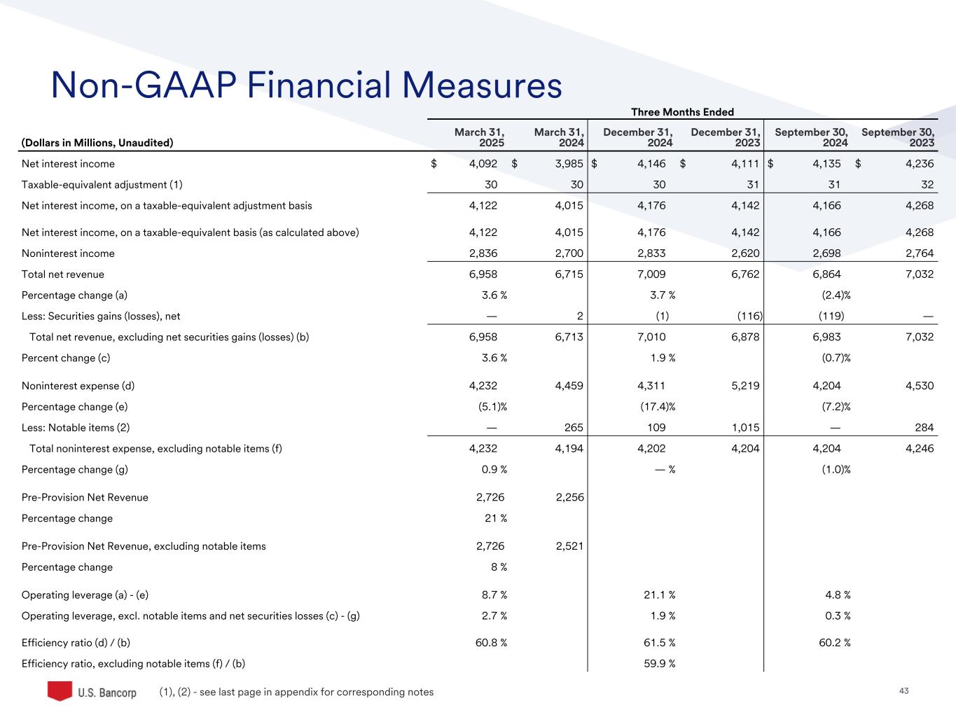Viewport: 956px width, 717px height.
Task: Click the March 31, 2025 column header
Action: [480, 137]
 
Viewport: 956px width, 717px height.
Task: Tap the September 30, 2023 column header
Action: [897, 137]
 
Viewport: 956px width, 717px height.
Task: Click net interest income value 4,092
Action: [483, 164]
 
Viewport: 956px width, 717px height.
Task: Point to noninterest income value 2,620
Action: [745, 253]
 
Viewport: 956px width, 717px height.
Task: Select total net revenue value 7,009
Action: [651, 274]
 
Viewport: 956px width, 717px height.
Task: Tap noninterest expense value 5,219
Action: [745, 386]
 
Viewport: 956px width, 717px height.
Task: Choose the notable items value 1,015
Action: [745, 428]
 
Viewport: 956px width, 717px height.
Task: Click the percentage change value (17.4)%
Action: [658, 407]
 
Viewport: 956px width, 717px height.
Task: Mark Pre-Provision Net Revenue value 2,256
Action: [569, 498]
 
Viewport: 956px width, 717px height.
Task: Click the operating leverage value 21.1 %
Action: [659, 595]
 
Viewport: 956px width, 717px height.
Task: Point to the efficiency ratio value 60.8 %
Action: [491, 643]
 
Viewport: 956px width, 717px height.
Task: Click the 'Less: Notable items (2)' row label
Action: [76, 428]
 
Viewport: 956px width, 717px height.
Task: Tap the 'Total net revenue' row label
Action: [63, 274]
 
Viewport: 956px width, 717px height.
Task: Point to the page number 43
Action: [903, 691]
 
